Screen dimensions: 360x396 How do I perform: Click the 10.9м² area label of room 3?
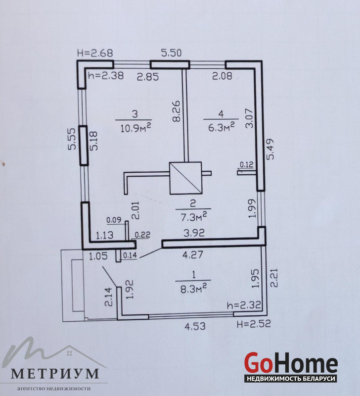click(135, 128)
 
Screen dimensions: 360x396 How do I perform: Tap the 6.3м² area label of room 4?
click(222, 127)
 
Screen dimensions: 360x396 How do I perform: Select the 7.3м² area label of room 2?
click(194, 217)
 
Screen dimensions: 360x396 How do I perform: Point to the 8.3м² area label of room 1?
click(194, 289)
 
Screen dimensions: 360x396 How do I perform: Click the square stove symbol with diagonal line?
click(186, 178)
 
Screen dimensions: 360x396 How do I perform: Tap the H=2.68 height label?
click(95, 53)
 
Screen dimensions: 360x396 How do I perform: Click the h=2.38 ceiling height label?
click(106, 75)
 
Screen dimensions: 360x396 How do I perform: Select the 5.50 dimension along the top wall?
click(171, 53)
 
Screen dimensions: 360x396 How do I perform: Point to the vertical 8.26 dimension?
click(177, 111)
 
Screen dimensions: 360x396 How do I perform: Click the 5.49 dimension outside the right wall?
click(270, 149)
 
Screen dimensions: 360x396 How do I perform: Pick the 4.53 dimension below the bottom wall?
click(195, 326)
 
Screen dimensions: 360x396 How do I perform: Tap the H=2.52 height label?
click(254, 324)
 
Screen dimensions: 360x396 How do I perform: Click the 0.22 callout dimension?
click(142, 235)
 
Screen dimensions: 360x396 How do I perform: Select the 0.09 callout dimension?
click(114, 220)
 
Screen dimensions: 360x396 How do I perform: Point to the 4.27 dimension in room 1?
click(193, 254)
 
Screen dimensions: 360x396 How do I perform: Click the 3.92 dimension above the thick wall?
click(194, 233)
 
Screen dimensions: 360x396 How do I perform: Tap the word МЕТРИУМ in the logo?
click(55, 374)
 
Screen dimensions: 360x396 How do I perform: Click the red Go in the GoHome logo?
click(259, 363)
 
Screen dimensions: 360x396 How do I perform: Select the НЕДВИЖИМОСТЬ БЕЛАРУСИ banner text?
click(291, 379)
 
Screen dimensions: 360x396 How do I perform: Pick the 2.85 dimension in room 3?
click(148, 77)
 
